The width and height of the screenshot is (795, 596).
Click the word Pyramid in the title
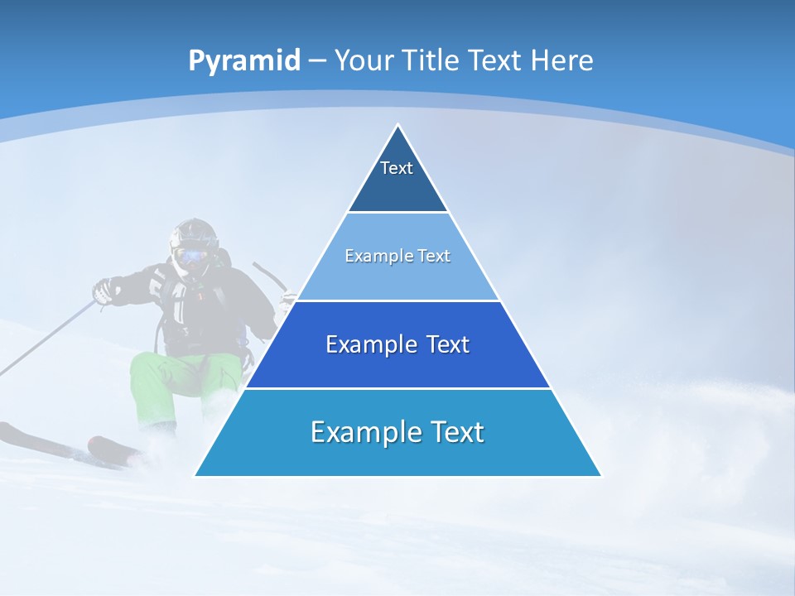[243, 61]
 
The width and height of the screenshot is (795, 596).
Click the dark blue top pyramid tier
[397, 178]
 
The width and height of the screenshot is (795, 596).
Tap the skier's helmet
[194, 233]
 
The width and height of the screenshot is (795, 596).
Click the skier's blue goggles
[191, 255]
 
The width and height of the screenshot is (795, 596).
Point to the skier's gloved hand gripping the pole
[104, 291]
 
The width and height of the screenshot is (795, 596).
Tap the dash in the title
[317, 61]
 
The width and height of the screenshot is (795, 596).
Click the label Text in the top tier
[396, 168]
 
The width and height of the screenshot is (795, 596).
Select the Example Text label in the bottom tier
[397, 431]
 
